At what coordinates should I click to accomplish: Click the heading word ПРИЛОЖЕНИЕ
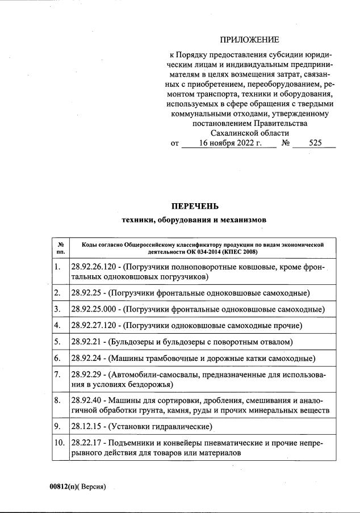pyautogui.click(x=249, y=40)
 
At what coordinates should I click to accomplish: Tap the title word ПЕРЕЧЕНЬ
pyautogui.click(x=195, y=206)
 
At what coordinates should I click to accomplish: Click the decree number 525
pyautogui.click(x=315, y=144)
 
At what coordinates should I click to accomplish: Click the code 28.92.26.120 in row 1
pyautogui.click(x=95, y=267)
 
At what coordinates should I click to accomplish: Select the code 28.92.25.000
pyautogui.click(x=95, y=309)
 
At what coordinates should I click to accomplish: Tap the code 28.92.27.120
pyautogui.click(x=95, y=326)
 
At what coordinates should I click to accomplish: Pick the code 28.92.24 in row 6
pyautogui.click(x=87, y=359)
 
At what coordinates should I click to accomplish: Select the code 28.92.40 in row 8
pyautogui.click(x=87, y=400)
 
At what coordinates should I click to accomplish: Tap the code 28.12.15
pyautogui.click(x=87, y=426)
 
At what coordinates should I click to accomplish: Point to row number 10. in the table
pyautogui.click(x=60, y=442)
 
